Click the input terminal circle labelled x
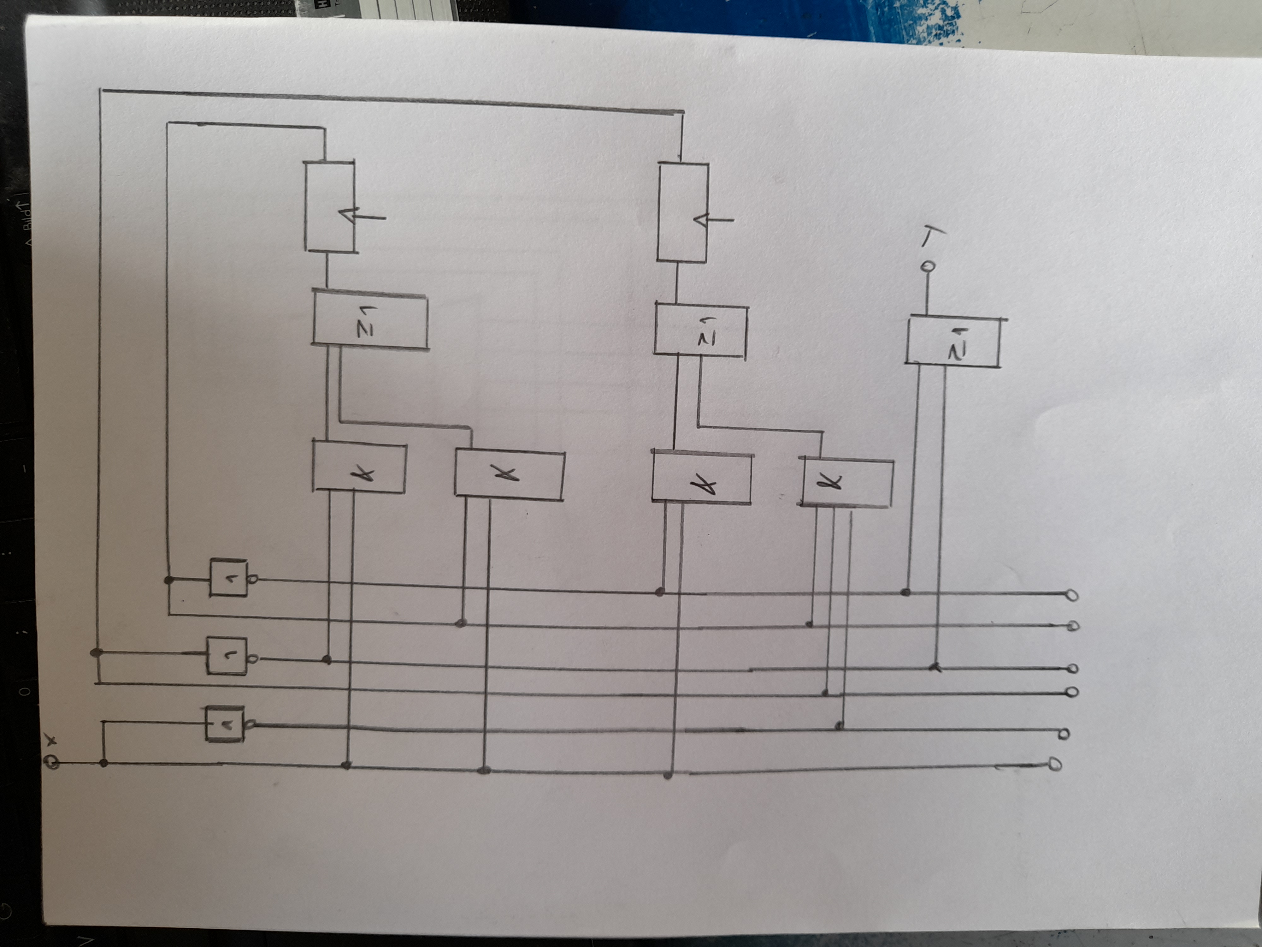52,763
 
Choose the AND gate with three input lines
846,482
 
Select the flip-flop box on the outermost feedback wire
683,212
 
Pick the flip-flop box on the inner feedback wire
329,207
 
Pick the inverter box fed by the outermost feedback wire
227,657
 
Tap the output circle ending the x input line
1055,764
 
